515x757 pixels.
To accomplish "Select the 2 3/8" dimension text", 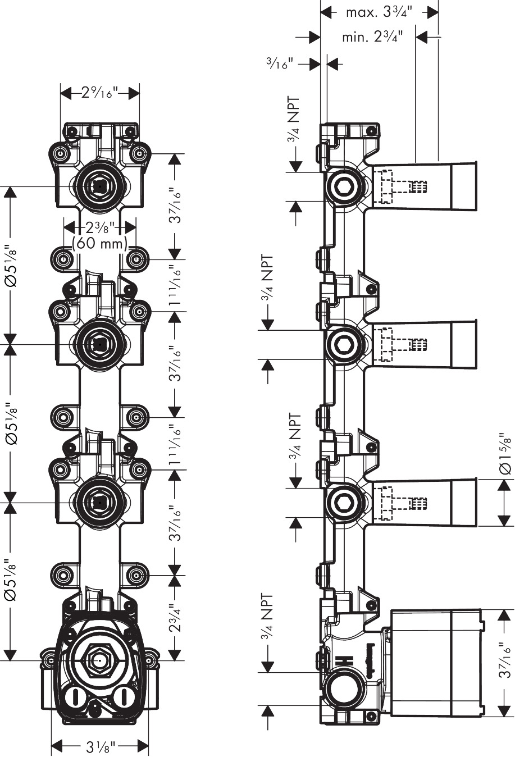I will coord(100,227).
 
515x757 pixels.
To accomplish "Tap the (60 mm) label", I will coord(100,244).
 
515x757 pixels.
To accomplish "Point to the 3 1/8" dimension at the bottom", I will coord(101,746).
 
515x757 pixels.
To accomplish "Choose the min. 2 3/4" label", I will coord(372,38).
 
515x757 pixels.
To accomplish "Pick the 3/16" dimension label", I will coord(280,64).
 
